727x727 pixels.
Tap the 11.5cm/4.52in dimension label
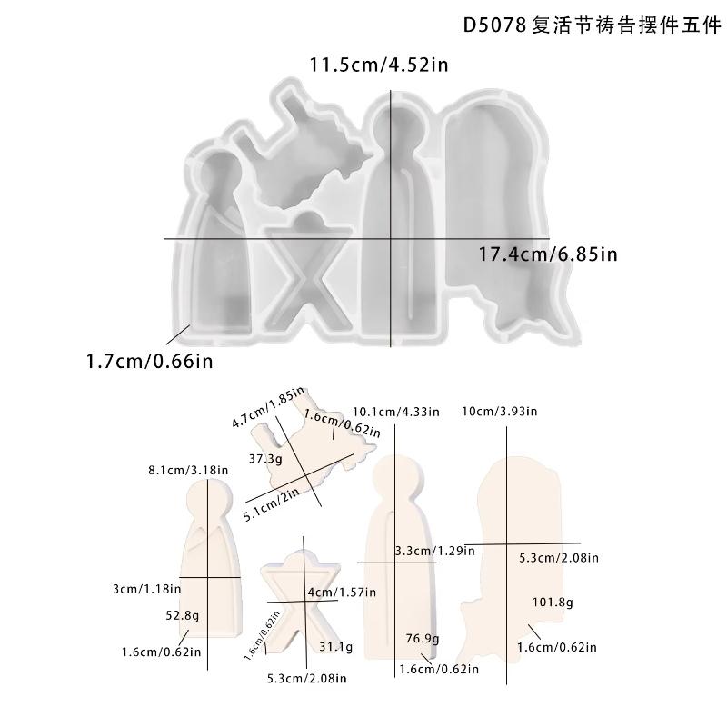380,65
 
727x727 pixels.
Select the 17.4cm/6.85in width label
548,254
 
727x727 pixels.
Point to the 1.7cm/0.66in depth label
149,362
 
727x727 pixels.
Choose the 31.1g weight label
335,647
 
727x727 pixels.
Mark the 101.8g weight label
552,603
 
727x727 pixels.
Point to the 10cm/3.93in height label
500,411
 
